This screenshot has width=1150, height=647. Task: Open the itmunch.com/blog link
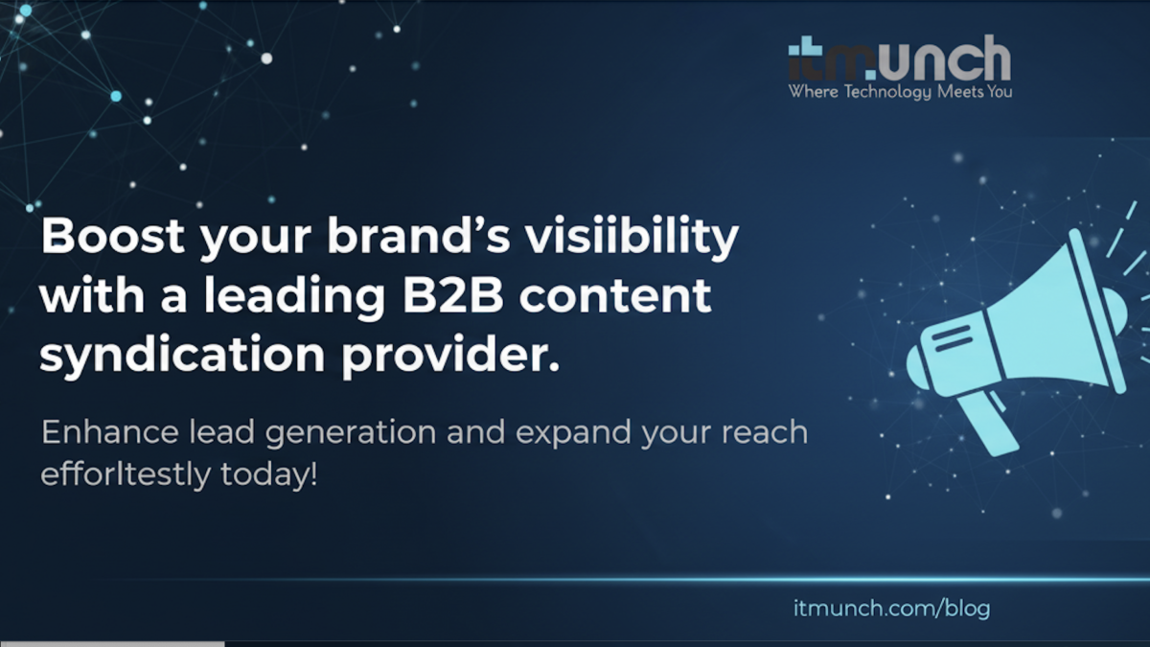pyautogui.click(x=891, y=608)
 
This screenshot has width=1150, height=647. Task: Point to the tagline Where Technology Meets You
pyautogui.click(x=899, y=93)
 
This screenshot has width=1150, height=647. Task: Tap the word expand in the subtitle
pyautogui.click(x=573, y=433)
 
